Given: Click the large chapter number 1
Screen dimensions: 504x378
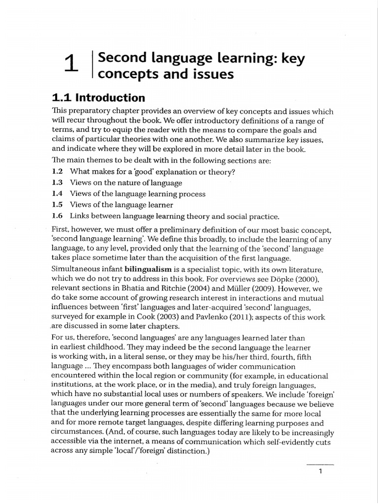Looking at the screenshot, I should tap(71, 64).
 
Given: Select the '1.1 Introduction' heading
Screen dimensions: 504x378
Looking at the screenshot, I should tap(98, 98).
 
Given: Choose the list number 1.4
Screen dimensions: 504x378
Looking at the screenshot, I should tap(58, 194).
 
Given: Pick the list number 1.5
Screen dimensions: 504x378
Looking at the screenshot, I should tap(58, 205).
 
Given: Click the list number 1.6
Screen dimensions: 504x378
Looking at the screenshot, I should tap(58, 216).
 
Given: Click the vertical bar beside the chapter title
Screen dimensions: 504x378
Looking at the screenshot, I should tap(93, 64).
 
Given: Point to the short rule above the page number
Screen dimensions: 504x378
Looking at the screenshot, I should tap(320, 464).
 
